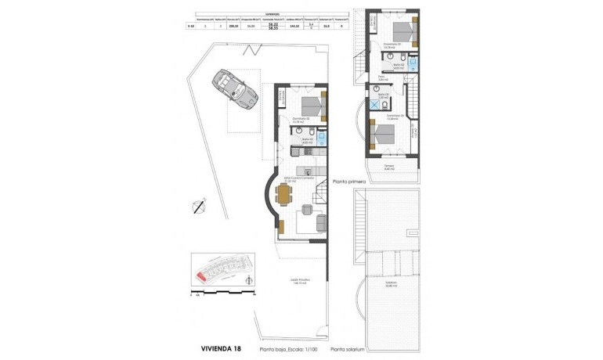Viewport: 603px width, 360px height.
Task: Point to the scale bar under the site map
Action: pyautogui.click(x=223, y=295)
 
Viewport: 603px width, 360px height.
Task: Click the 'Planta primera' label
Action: pyautogui.click(x=351, y=179)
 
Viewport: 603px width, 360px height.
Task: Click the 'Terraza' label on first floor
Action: pyautogui.click(x=389, y=167)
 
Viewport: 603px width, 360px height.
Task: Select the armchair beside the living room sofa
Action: pyautogui.click(x=305, y=209)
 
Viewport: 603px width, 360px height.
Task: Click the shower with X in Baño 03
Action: pyautogui.click(x=375, y=103)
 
